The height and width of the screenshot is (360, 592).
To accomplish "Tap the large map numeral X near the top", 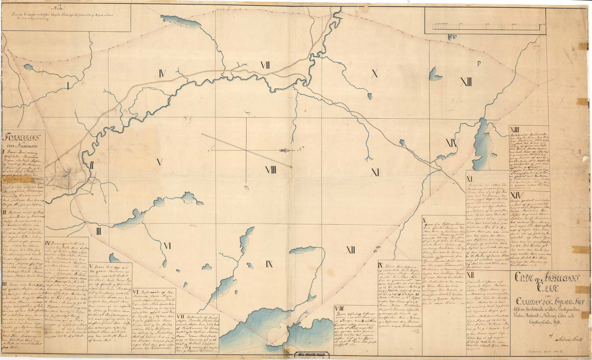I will click(374, 74).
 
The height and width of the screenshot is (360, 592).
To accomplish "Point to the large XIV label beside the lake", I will click(451, 143).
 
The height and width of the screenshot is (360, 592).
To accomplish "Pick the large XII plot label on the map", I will click(350, 249).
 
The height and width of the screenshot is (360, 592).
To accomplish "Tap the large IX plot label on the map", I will click(269, 264).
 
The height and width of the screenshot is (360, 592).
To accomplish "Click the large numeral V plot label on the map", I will click(159, 163).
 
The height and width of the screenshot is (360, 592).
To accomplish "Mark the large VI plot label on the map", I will click(167, 246).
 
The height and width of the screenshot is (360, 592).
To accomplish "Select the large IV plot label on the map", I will click(162, 74).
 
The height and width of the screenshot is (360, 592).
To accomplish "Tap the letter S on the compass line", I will click(211, 150).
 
